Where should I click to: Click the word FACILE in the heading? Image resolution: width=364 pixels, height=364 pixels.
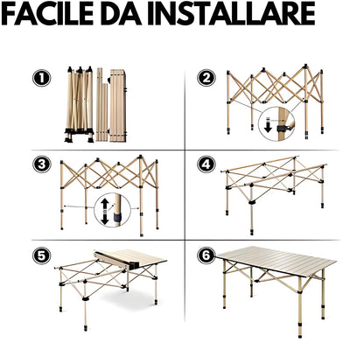47,14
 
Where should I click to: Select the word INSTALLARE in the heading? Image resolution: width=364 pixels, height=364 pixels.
230,14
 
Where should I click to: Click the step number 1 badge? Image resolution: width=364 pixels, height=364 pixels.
42,78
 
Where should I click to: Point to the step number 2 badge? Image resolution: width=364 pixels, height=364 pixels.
206,78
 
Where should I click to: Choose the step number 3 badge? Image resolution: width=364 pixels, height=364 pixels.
42,164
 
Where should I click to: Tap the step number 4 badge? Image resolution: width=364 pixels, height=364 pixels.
206,164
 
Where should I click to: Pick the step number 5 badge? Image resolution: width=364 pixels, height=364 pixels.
41,256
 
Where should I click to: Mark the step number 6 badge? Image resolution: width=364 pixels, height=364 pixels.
206,255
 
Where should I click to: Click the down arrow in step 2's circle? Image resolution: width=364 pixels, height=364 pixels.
269,125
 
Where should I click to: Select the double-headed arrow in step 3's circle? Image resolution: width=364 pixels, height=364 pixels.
105,212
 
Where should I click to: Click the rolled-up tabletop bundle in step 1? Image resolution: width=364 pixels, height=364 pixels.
117,106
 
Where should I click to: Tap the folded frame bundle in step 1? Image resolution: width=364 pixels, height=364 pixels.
80,104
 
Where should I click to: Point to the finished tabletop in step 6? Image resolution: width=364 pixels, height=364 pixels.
276,262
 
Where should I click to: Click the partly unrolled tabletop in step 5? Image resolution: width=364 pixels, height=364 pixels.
131,260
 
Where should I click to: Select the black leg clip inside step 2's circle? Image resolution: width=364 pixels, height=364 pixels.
283,129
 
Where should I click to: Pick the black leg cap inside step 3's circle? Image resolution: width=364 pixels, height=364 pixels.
117,217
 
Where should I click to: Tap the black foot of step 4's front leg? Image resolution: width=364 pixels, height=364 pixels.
252,232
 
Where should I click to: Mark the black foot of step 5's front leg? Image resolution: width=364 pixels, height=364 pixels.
86,327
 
